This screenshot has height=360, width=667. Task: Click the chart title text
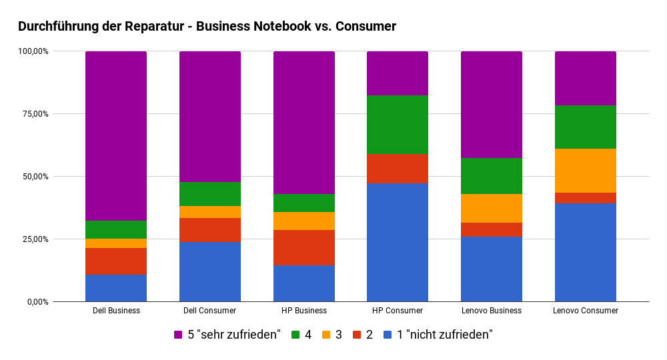point(207,27)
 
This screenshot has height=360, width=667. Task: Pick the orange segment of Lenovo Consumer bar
point(586,171)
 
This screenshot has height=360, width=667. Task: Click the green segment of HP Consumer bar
point(398,125)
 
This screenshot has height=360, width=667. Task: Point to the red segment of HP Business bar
point(304,247)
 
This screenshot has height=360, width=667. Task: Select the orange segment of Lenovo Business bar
point(492,208)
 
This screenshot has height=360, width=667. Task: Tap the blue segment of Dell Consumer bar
point(210,272)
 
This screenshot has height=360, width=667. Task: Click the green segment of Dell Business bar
point(116,229)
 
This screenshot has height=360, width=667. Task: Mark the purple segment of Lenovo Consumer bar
point(586,78)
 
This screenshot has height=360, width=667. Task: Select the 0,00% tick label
point(35,302)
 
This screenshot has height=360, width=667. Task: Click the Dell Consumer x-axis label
point(210,311)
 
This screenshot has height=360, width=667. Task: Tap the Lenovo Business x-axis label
point(492,311)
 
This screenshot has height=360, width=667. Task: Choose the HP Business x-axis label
point(304,311)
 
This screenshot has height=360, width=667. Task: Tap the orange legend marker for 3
point(327,335)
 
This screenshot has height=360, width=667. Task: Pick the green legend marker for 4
point(295,335)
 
